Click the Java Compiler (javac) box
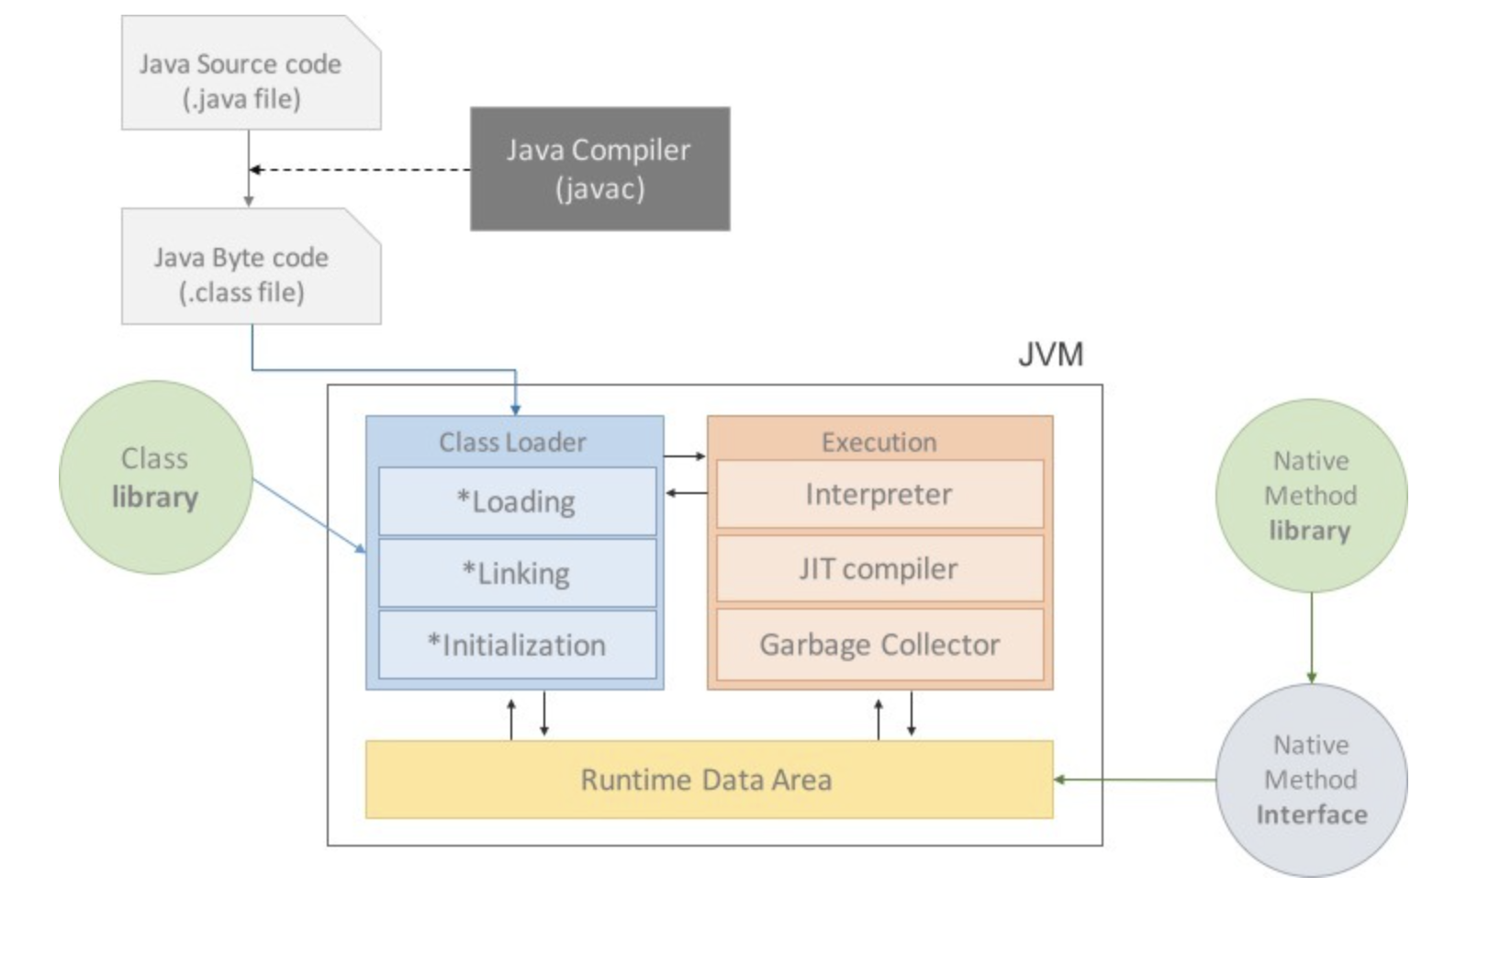599,169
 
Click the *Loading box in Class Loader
517,501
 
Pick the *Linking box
517,573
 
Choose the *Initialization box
517,645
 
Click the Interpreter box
879,495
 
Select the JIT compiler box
879,569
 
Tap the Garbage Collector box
879,645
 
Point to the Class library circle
155,477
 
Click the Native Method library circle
1311,496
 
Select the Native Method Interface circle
1311,780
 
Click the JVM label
1050,354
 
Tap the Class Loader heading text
512,443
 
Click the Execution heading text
879,443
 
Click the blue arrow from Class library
309,515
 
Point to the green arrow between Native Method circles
1311,637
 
